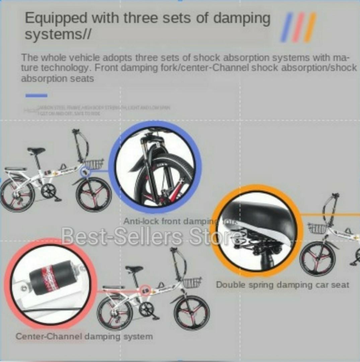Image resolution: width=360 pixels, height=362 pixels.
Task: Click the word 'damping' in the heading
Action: pos(242,18)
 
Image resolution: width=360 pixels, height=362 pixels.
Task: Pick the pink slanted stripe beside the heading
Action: pos(298,27)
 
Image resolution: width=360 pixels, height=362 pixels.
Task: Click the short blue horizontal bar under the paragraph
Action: pos(36,96)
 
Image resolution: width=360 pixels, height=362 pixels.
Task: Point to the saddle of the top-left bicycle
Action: pos(35,150)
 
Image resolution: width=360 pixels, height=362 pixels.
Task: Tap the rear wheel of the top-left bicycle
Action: pos(17,195)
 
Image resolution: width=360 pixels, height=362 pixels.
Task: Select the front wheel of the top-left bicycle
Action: pos(93,195)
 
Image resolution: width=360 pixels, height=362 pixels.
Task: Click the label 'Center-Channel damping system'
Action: pos(84,336)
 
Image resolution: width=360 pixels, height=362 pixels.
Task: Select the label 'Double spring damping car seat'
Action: pos(282,285)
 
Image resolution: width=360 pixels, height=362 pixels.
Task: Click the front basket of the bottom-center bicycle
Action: pos(192,282)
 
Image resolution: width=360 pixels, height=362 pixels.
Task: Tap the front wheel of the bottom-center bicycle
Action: pos(192,313)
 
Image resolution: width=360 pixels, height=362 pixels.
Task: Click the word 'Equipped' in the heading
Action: pos(56,18)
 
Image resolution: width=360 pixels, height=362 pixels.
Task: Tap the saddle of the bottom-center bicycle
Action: pos(134,269)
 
